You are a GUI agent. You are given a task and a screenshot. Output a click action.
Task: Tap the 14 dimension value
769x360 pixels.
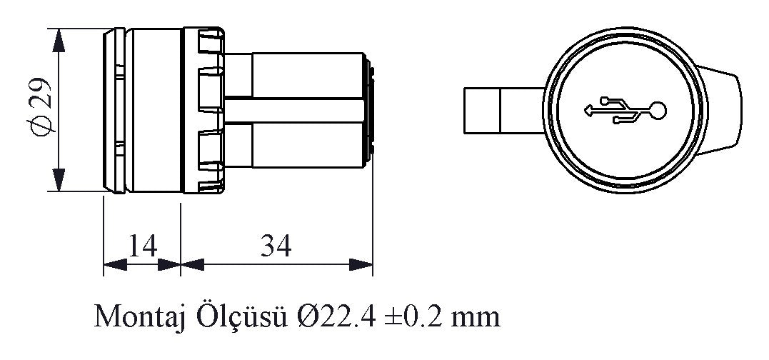(x=143, y=246)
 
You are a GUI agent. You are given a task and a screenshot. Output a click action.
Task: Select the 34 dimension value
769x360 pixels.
(x=276, y=246)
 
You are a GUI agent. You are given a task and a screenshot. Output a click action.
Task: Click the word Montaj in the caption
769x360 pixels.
(x=139, y=316)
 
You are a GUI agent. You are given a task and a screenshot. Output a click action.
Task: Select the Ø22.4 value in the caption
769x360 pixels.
(x=336, y=316)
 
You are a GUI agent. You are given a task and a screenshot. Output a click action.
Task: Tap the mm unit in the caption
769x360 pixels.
(x=476, y=320)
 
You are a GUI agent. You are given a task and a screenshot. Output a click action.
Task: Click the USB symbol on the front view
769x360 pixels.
(x=625, y=111)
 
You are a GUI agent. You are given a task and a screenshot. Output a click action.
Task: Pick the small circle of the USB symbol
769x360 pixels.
(x=657, y=111)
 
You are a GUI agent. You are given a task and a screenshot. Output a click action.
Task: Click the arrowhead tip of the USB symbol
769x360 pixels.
(x=585, y=111)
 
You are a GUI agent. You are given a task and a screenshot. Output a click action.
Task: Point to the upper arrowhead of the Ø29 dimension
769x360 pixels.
(x=59, y=40)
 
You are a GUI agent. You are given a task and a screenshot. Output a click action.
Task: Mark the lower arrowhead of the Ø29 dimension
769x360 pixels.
(x=59, y=179)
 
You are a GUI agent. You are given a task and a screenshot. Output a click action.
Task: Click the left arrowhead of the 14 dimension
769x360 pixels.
(x=115, y=265)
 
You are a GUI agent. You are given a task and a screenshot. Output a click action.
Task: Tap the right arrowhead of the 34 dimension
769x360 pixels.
(x=361, y=265)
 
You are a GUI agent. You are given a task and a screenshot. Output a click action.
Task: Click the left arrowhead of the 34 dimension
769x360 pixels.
(x=192, y=265)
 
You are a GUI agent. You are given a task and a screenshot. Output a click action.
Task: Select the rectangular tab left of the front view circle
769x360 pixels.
(x=503, y=110)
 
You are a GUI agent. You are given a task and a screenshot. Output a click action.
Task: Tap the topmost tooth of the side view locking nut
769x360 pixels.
(x=210, y=41)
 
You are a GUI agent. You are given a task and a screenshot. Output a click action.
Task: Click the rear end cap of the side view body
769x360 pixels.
(x=369, y=110)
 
